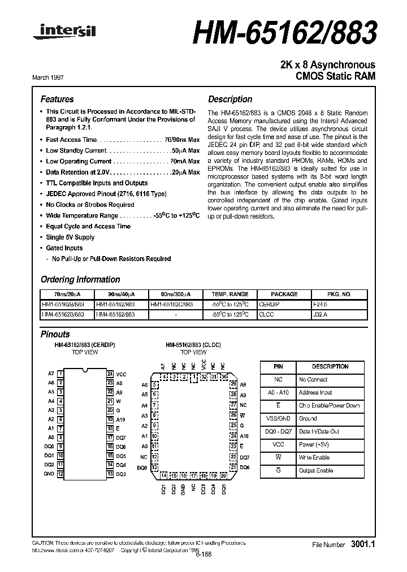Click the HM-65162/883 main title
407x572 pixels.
click(x=285, y=32)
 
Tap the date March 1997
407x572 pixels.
click(x=56, y=77)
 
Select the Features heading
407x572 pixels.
click(x=57, y=99)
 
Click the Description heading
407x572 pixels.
click(x=230, y=99)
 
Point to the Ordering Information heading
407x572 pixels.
click(x=80, y=279)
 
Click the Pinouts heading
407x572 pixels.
click(x=55, y=334)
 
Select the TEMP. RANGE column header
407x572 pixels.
click(x=230, y=294)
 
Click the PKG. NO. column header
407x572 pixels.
click(x=339, y=294)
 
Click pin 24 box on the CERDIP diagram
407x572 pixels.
click(x=110, y=374)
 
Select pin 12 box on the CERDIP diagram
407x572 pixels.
click(x=60, y=474)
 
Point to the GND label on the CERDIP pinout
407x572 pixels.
click(x=49, y=474)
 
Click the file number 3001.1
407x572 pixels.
click(x=362, y=544)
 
